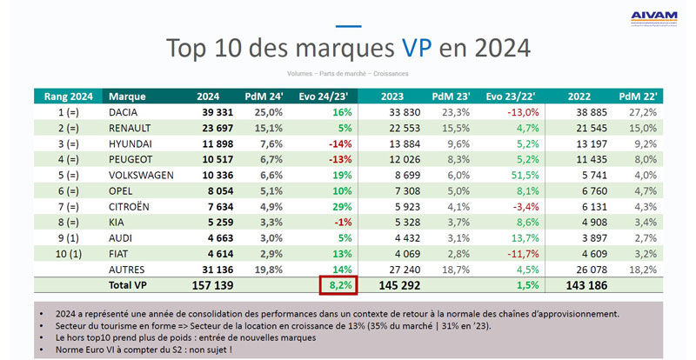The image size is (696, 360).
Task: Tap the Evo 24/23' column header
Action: coord(324,97)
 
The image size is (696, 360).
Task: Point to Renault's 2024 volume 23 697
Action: coord(215,128)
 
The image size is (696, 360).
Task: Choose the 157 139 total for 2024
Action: coord(207,284)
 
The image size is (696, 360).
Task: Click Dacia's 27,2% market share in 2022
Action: coord(642,112)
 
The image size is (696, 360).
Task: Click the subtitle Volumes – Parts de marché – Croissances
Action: coord(348,73)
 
